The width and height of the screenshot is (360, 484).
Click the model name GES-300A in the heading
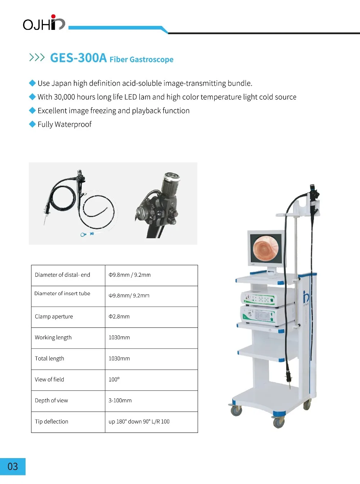78,58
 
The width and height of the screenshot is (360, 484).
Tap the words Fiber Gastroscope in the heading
141,59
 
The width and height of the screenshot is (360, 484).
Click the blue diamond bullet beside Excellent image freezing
32,110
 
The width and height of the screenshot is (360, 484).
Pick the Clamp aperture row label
54,317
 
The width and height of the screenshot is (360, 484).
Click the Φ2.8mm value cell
119,317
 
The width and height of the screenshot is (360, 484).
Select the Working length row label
53,338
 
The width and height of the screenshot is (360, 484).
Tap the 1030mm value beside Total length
119,359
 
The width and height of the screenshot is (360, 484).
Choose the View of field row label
49,380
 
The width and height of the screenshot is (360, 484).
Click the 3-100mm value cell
120,401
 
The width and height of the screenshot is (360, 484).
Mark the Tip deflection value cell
139,422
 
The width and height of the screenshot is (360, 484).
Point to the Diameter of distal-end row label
62,275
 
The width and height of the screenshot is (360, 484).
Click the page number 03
13,467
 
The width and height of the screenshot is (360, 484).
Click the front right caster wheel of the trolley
279,422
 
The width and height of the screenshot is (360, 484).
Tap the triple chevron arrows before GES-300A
37,58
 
